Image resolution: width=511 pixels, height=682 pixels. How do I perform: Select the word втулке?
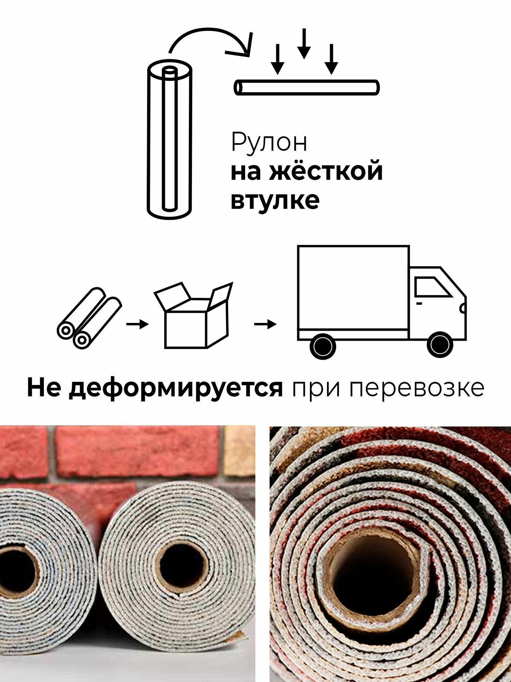pyautogui.click(x=275, y=200)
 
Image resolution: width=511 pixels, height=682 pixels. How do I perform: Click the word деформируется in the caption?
pyautogui.click(x=176, y=388)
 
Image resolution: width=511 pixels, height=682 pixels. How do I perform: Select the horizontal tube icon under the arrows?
pyautogui.click(x=306, y=88)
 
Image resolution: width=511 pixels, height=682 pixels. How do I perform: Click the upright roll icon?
pyautogui.click(x=169, y=140)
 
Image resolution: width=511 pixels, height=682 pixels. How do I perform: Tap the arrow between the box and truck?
pyautogui.click(x=265, y=324)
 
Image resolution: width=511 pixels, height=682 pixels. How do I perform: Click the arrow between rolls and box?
pyautogui.click(x=137, y=324)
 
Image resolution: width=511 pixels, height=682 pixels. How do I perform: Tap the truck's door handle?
pyautogui.click(x=419, y=303)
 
